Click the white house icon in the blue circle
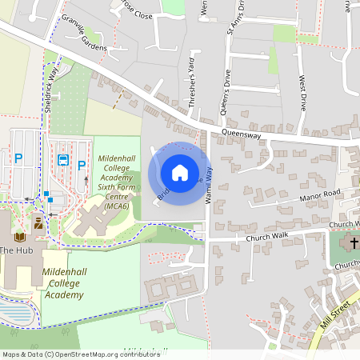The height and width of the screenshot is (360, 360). tap(180, 172)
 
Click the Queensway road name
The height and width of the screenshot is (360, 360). tap(242, 136)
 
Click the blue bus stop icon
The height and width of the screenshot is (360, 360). tap(62, 159)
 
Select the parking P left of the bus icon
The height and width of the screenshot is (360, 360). tap(18, 158)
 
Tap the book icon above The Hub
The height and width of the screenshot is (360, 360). tap(20, 237)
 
